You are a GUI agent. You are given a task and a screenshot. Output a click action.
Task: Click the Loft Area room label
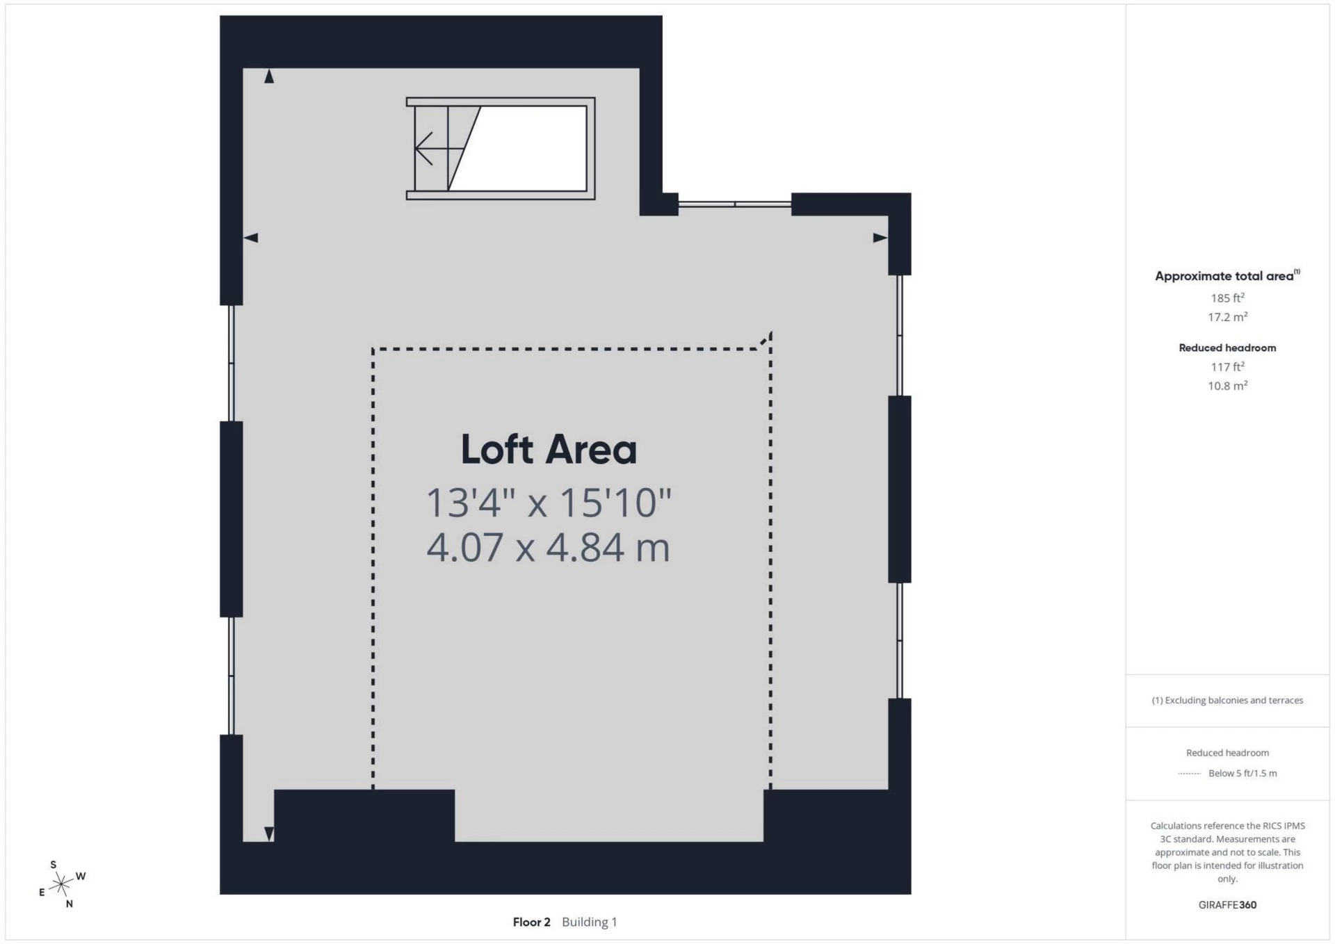coord(549,450)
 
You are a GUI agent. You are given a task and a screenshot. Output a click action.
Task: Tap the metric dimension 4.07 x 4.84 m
coord(549,547)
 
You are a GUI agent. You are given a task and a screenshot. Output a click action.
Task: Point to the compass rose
coord(62,884)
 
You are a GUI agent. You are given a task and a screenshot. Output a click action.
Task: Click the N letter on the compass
coord(70,904)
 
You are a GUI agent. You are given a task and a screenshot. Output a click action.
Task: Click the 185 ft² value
coord(1227,298)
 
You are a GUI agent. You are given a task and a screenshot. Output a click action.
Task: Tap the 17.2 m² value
coord(1227,317)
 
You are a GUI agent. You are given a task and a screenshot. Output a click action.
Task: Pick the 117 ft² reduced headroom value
coord(1227,366)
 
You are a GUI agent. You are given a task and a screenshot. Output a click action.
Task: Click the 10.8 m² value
coord(1227,386)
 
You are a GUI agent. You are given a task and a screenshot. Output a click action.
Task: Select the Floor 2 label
coord(531,922)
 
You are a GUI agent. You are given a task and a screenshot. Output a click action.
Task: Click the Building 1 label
coord(590,922)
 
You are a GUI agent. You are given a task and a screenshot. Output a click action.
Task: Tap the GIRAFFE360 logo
coord(1227,904)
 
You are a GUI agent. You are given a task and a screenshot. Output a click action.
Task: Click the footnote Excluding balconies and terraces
coord(1227,700)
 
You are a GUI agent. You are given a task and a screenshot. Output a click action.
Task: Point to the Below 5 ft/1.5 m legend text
coord(1243,773)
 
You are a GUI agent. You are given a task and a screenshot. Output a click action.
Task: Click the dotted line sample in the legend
coord(1190,773)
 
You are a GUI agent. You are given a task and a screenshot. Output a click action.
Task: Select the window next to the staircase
coord(735,204)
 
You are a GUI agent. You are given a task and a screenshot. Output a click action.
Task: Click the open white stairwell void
coord(533,148)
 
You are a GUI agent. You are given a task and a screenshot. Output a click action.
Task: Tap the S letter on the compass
coord(54,865)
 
